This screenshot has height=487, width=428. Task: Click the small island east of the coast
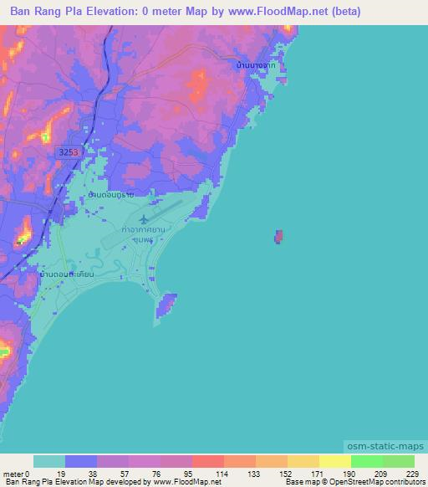(x=278, y=238)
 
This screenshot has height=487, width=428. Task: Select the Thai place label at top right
(x=256, y=64)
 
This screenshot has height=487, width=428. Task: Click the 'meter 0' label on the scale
(x=17, y=473)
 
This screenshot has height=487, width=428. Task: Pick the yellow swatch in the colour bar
(x=334, y=461)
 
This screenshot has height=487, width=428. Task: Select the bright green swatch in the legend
(x=366, y=461)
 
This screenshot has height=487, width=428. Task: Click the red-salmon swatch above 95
(x=207, y=461)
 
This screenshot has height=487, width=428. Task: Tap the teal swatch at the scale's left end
(x=49, y=461)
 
